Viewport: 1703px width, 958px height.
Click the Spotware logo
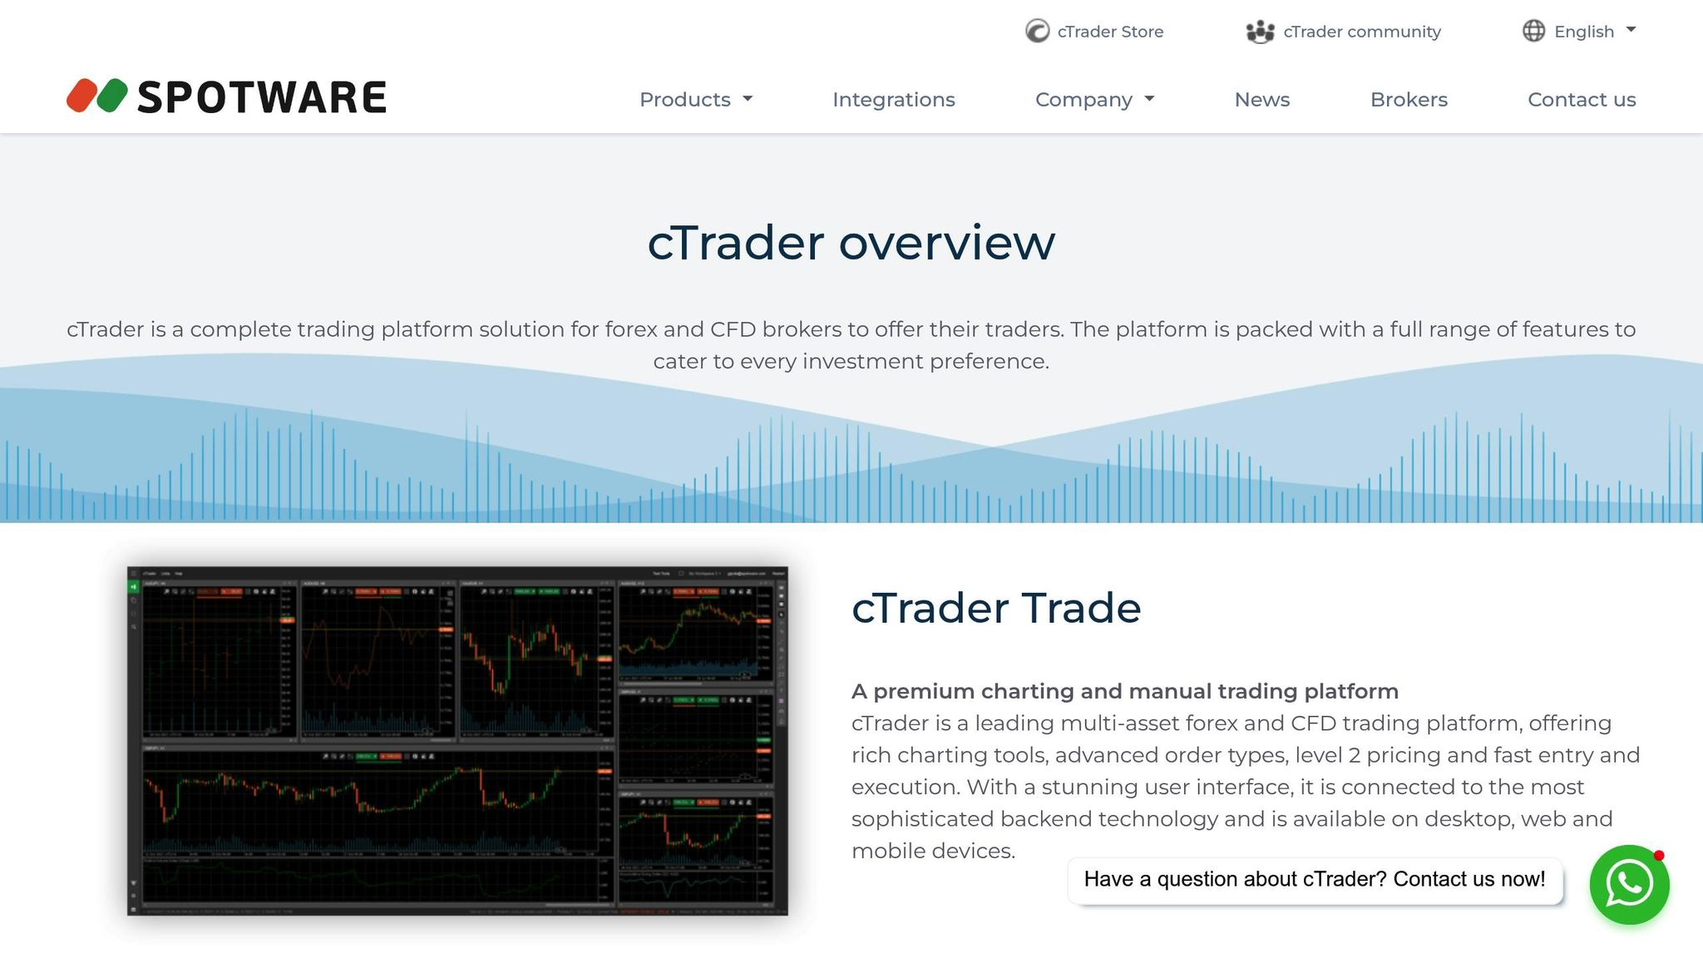pos(226,96)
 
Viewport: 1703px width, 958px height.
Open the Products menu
pos(695,100)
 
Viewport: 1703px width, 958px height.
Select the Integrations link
pos(893,100)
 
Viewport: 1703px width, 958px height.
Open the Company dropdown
pos(1094,100)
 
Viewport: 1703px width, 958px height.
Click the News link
pos(1261,100)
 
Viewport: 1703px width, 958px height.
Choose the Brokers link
pos(1409,100)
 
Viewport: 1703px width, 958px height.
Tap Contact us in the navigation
pos(1581,100)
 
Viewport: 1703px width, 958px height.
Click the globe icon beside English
pos(1533,31)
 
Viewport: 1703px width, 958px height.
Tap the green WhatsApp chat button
pos(1628,885)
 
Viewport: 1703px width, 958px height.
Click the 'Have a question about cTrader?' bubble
pos(1314,880)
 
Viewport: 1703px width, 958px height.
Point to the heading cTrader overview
pos(851,243)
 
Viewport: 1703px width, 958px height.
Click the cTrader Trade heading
pos(995,608)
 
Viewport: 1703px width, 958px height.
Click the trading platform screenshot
pos(457,741)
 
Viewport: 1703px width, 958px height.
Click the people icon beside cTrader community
pos(1260,32)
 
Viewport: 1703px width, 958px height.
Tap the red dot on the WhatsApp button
pos(1659,856)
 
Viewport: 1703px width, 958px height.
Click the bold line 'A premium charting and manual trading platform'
pos(1124,691)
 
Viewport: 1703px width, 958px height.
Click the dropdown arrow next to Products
pos(748,99)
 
